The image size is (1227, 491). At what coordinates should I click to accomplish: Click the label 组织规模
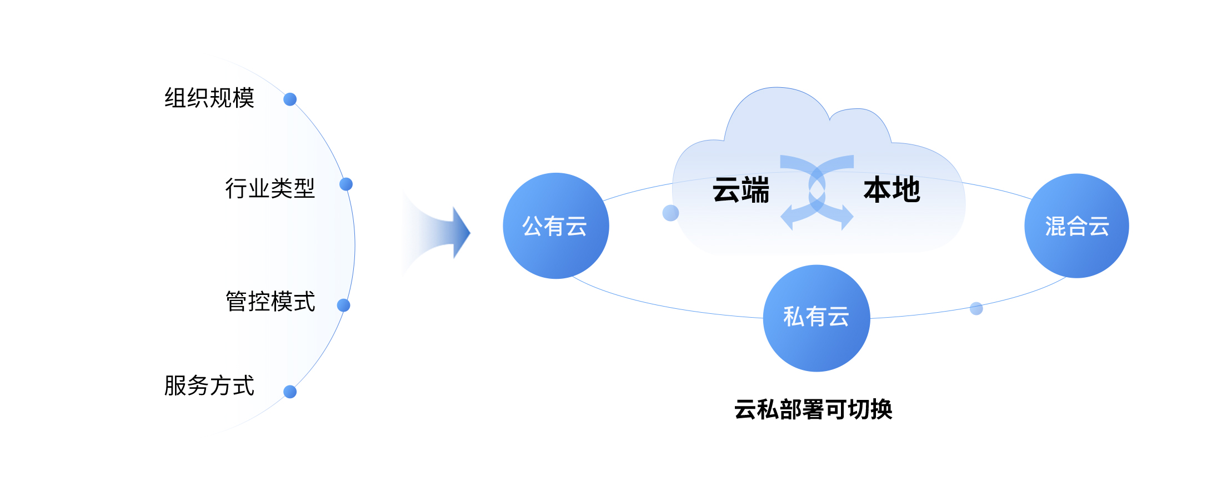(x=209, y=98)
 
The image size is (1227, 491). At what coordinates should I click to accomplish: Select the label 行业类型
(x=270, y=188)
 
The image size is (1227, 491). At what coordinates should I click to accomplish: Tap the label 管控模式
(x=271, y=302)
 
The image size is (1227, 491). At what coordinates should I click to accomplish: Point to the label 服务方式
(x=209, y=385)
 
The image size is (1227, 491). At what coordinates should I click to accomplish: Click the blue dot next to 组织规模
(x=290, y=99)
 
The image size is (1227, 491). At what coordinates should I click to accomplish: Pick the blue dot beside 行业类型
(x=346, y=184)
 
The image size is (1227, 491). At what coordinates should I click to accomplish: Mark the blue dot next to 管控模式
(x=344, y=305)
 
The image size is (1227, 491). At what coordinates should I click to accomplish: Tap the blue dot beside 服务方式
(x=290, y=392)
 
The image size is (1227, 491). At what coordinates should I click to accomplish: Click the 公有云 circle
(x=555, y=226)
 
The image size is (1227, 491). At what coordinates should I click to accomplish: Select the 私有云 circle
(x=817, y=318)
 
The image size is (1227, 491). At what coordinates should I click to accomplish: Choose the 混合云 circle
(x=1076, y=226)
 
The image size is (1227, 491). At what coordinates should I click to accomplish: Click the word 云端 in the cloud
(x=741, y=190)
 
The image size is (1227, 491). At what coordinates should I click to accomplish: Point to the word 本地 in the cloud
(x=892, y=190)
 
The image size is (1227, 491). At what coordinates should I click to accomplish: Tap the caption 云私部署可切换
(x=813, y=410)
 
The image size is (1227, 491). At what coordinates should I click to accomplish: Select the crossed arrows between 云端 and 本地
(x=817, y=192)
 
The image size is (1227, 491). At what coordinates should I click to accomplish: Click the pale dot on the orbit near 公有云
(x=670, y=213)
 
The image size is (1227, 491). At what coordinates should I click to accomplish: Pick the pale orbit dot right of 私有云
(x=976, y=308)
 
